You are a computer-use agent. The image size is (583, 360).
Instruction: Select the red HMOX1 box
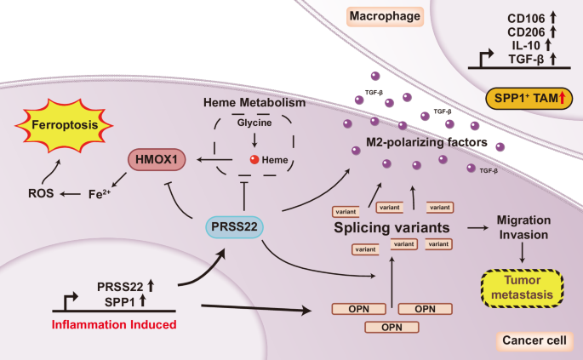[157, 158]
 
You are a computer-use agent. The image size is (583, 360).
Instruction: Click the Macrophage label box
[377, 15]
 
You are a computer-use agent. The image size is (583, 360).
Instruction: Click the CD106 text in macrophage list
[524, 16]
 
